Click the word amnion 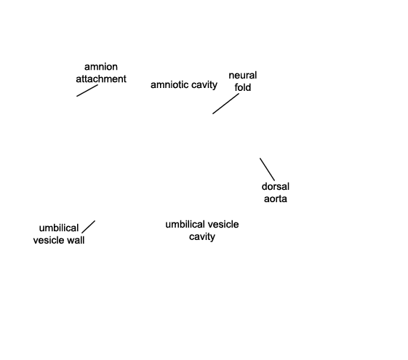101,67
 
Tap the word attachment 101,79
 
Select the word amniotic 170,84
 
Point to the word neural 243,76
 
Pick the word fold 243,87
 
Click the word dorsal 276,186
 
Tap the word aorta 276,199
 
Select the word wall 76,240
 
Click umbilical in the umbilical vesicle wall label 59,228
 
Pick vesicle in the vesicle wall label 49,240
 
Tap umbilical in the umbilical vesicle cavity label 185,225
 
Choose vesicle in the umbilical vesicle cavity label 223,225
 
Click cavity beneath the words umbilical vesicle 202,237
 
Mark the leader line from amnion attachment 87,90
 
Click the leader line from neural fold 226,103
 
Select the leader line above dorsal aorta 267,169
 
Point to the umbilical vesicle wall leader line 89,227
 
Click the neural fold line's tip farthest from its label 213,113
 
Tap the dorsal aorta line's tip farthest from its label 260,158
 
